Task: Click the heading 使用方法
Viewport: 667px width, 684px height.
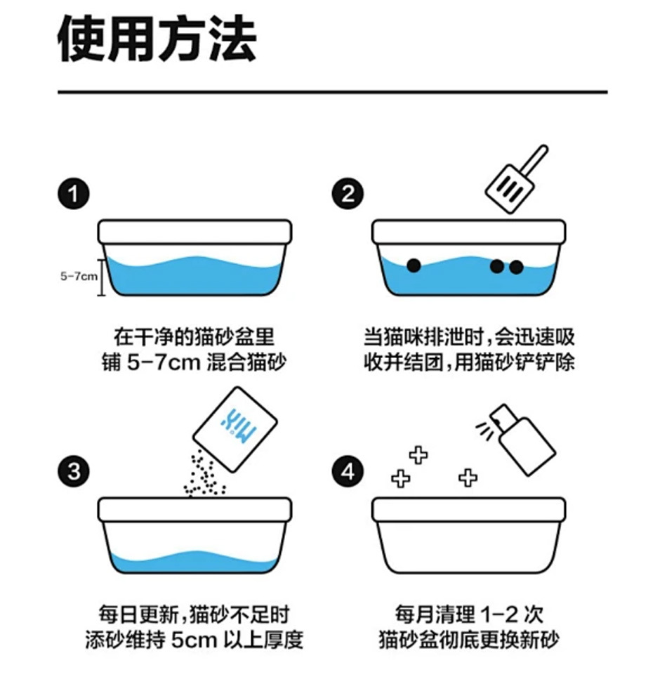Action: tap(157, 39)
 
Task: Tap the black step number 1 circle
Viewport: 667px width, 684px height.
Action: tap(73, 194)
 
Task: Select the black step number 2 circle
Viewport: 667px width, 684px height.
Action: tap(348, 194)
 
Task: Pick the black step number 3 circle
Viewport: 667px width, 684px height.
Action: tap(73, 471)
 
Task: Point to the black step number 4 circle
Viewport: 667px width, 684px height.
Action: tap(348, 471)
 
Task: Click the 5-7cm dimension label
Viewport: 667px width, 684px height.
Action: tap(79, 276)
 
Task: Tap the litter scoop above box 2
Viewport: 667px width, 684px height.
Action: tap(517, 179)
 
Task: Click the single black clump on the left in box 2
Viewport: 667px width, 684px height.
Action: tap(414, 265)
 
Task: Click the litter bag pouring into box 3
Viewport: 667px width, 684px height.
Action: tap(235, 429)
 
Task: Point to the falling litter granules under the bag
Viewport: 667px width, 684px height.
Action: tap(204, 474)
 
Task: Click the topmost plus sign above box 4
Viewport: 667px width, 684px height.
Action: tap(418, 455)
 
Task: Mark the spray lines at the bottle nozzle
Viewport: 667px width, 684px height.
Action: tap(485, 429)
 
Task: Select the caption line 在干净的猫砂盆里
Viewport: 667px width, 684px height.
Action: tap(194, 337)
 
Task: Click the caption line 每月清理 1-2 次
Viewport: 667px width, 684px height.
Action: tap(469, 614)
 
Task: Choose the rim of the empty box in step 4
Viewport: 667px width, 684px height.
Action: tap(469, 509)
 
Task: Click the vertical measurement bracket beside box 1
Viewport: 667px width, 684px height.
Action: tap(102, 277)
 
